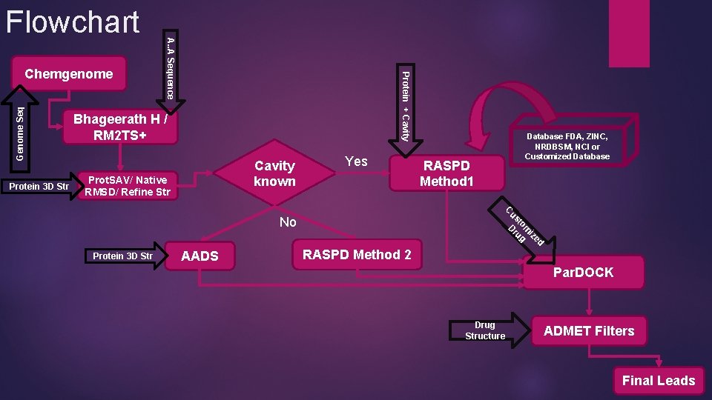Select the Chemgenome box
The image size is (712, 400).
coord(68,74)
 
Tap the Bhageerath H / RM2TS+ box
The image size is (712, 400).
coord(119,128)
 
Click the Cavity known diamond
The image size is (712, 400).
coord(274,173)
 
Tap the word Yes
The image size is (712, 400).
coord(356,161)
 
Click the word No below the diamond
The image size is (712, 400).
coord(288,222)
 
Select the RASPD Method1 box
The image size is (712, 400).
coord(446,173)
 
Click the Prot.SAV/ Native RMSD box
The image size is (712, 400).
coord(128,185)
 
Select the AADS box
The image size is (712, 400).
coord(200,256)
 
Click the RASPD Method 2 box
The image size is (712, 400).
coord(357,255)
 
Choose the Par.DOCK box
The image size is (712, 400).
coord(583,273)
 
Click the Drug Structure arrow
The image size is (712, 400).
coord(487,330)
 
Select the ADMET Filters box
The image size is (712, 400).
coord(588,331)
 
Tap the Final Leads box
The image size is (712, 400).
coord(657,381)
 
